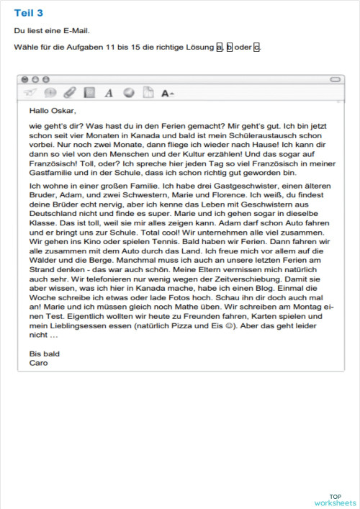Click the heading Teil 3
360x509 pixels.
click(x=28, y=13)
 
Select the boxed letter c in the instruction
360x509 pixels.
click(x=257, y=47)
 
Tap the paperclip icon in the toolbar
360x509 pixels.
click(x=69, y=92)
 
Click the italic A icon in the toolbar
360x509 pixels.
click(x=109, y=92)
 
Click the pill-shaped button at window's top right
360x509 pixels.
click(x=336, y=78)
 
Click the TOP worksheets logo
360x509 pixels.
click(x=335, y=500)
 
